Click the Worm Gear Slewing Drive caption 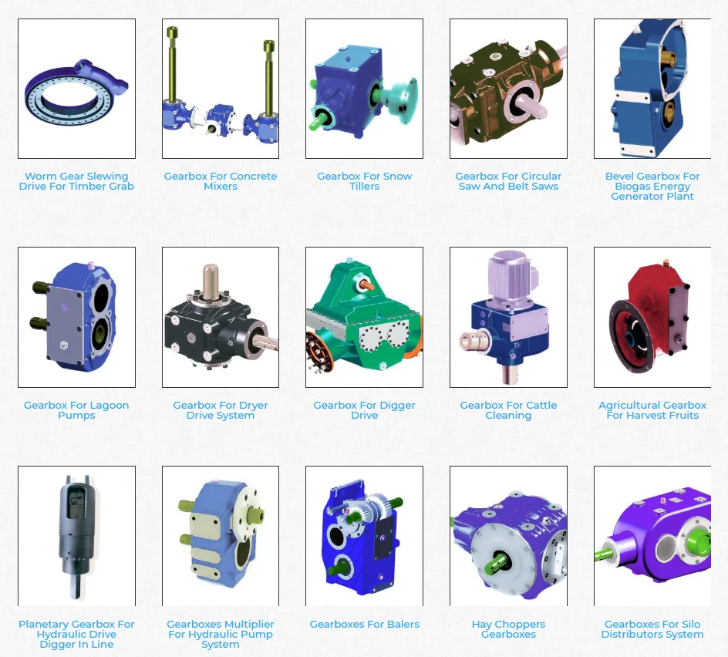click(x=76, y=181)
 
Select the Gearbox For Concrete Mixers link click(x=221, y=181)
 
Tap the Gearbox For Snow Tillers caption click(x=364, y=181)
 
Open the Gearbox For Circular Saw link click(x=508, y=181)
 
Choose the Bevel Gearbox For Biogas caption click(x=652, y=186)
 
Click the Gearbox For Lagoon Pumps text click(x=76, y=410)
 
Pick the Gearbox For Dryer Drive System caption click(x=221, y=410)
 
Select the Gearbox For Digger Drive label click(x=364, y=410)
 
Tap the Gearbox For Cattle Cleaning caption click(x=508, y=410)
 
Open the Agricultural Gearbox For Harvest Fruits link click(x=652, y=410)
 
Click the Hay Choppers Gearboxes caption click(x=508, y=629)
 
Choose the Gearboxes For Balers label click(x=364, y=625)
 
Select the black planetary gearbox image click(x=76, y=532)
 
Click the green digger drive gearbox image click(x=364, y=324)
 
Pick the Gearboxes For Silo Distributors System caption click(x=652, y=629)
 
